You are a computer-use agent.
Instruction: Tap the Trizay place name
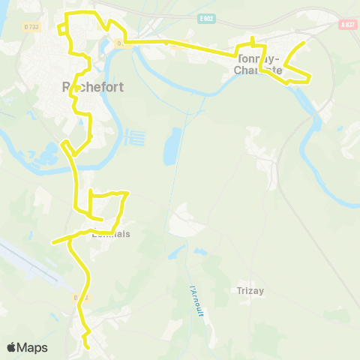pyautogui.click(x=250, y=291)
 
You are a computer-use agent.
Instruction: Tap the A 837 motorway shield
pyautogui.click(x=346, y=24)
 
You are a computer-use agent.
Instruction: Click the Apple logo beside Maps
pyautogui.click(x=12, y=347)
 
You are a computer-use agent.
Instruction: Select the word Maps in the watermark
pyautogui.click(x=32, y=347)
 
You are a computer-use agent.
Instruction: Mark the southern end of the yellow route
pyautogui.click(x=88, y=348)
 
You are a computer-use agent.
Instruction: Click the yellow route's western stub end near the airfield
pyautogui.click(x=53, y=242)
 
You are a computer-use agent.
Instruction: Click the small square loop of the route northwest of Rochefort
pyautogui.click(x=66, y=28)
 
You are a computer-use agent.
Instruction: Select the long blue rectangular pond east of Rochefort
pyautogui.click(x=172, y=147)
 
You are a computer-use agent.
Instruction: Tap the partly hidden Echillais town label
pyautogui.click(x=109, y=234)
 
